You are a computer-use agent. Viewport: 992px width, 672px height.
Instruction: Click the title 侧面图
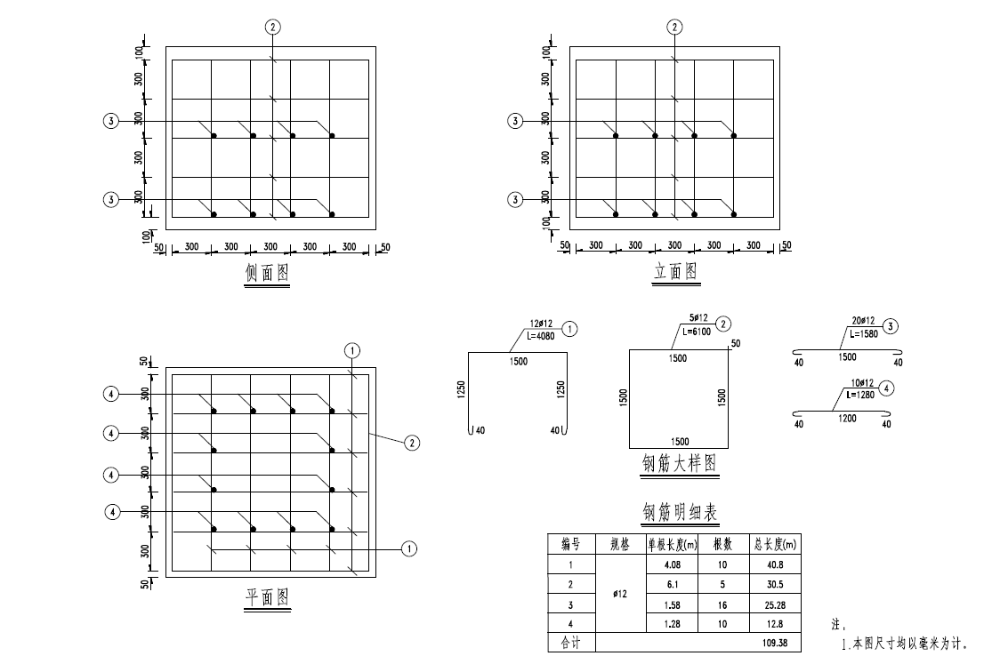[x=267, y=273]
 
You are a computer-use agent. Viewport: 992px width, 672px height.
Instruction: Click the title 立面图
[x=675, y=271]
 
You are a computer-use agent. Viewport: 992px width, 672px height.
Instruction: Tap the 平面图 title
[x=267, y=597]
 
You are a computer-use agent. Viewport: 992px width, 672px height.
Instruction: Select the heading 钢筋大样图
[x=680, y=463]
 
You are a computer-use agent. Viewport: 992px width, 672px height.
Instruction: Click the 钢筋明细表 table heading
[x=680, y=512]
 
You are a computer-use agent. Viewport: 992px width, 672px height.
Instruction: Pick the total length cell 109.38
[x=775, y=643]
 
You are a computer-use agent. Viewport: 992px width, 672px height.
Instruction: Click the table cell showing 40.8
[x=775, y=564]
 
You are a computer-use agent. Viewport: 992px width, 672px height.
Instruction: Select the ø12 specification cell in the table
[x=620, y=594]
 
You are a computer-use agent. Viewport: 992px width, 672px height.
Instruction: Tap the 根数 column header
[x=722, y=544]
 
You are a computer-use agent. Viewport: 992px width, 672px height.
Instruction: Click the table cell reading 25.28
[x=775, y=605]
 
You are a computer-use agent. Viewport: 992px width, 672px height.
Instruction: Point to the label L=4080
[x=540, y=336]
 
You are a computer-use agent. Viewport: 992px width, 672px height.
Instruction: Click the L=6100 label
[x=697, y=332]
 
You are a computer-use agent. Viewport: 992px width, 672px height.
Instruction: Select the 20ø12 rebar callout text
[x=863, y=322]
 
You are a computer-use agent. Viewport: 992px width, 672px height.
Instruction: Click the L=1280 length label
[x=860, y=395]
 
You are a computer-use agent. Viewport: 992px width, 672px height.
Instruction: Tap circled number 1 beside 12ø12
[x=570, y=329]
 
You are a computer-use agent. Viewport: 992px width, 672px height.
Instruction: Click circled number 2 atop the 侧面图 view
[x=272, y=27]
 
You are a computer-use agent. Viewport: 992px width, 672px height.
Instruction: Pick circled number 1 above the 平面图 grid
[x=351, y=350]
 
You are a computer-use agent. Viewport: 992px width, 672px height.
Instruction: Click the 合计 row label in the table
[x=570, y=643]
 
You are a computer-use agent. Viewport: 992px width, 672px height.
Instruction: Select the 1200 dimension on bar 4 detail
[x=847, y=418]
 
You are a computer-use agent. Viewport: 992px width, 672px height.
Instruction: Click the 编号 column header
[x=570, y=544]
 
